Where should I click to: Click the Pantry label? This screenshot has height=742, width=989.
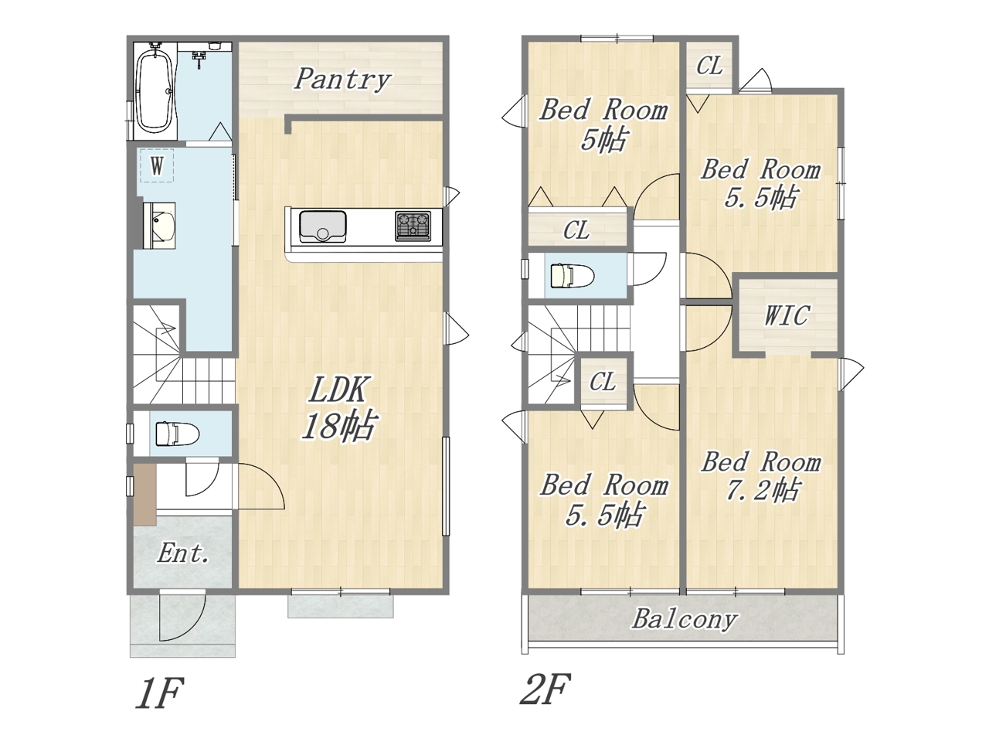[342, 80]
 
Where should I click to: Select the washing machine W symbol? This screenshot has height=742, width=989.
[157, 165]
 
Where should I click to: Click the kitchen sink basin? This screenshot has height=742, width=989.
[323, 226]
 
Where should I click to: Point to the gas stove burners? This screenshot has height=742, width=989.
[413, 226]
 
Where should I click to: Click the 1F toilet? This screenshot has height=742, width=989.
[177, 434]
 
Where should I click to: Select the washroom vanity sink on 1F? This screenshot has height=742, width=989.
[159, 225]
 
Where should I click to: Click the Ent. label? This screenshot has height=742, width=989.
[183, 553]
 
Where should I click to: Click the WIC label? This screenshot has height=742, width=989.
[787, 315]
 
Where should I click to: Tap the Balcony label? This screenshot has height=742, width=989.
[684, 619]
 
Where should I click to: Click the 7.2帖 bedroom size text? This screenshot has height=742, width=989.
[763, 491]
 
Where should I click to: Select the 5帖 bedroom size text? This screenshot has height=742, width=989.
[603, 139]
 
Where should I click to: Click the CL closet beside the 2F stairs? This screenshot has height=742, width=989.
[603, 382]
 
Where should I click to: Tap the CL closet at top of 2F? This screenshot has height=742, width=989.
[709, 66]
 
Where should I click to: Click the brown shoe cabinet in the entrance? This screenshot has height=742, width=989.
[144, 495]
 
